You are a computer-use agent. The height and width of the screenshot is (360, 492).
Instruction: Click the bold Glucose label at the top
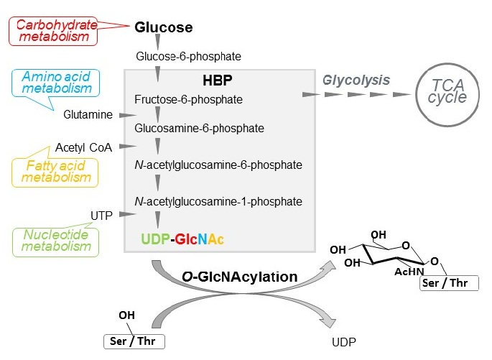[164, 28]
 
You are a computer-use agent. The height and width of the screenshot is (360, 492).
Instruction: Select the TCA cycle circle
[447, 94]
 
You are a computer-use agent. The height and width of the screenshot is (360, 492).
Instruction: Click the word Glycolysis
[356, 80]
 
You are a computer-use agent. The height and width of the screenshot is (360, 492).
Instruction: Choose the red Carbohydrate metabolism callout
[53, 31]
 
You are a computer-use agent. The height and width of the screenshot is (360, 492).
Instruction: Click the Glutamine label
[88, 114]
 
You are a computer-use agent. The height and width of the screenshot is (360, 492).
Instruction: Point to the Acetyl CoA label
[83, 148]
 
